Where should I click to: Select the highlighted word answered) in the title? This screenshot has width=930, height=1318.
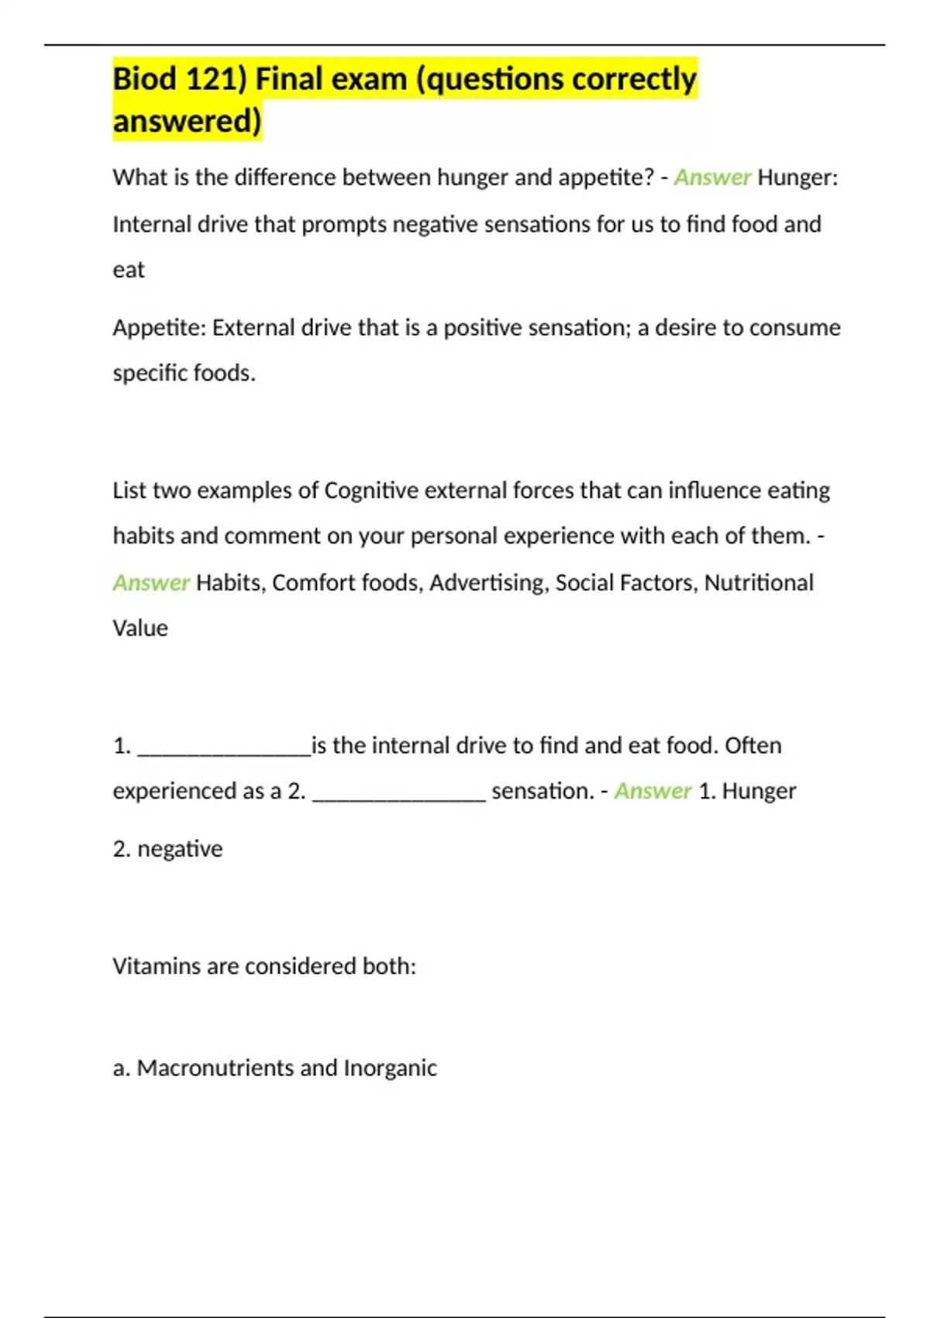coord(188,122)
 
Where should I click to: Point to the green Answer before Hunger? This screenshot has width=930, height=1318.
coord(712,178)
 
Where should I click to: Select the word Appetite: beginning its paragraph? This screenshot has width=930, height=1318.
coord(159,327)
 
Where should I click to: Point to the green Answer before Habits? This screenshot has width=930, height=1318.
coord(151,582)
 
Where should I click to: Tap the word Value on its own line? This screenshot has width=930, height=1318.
coord(140,628)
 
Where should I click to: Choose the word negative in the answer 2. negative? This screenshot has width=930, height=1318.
coord(180,849)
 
